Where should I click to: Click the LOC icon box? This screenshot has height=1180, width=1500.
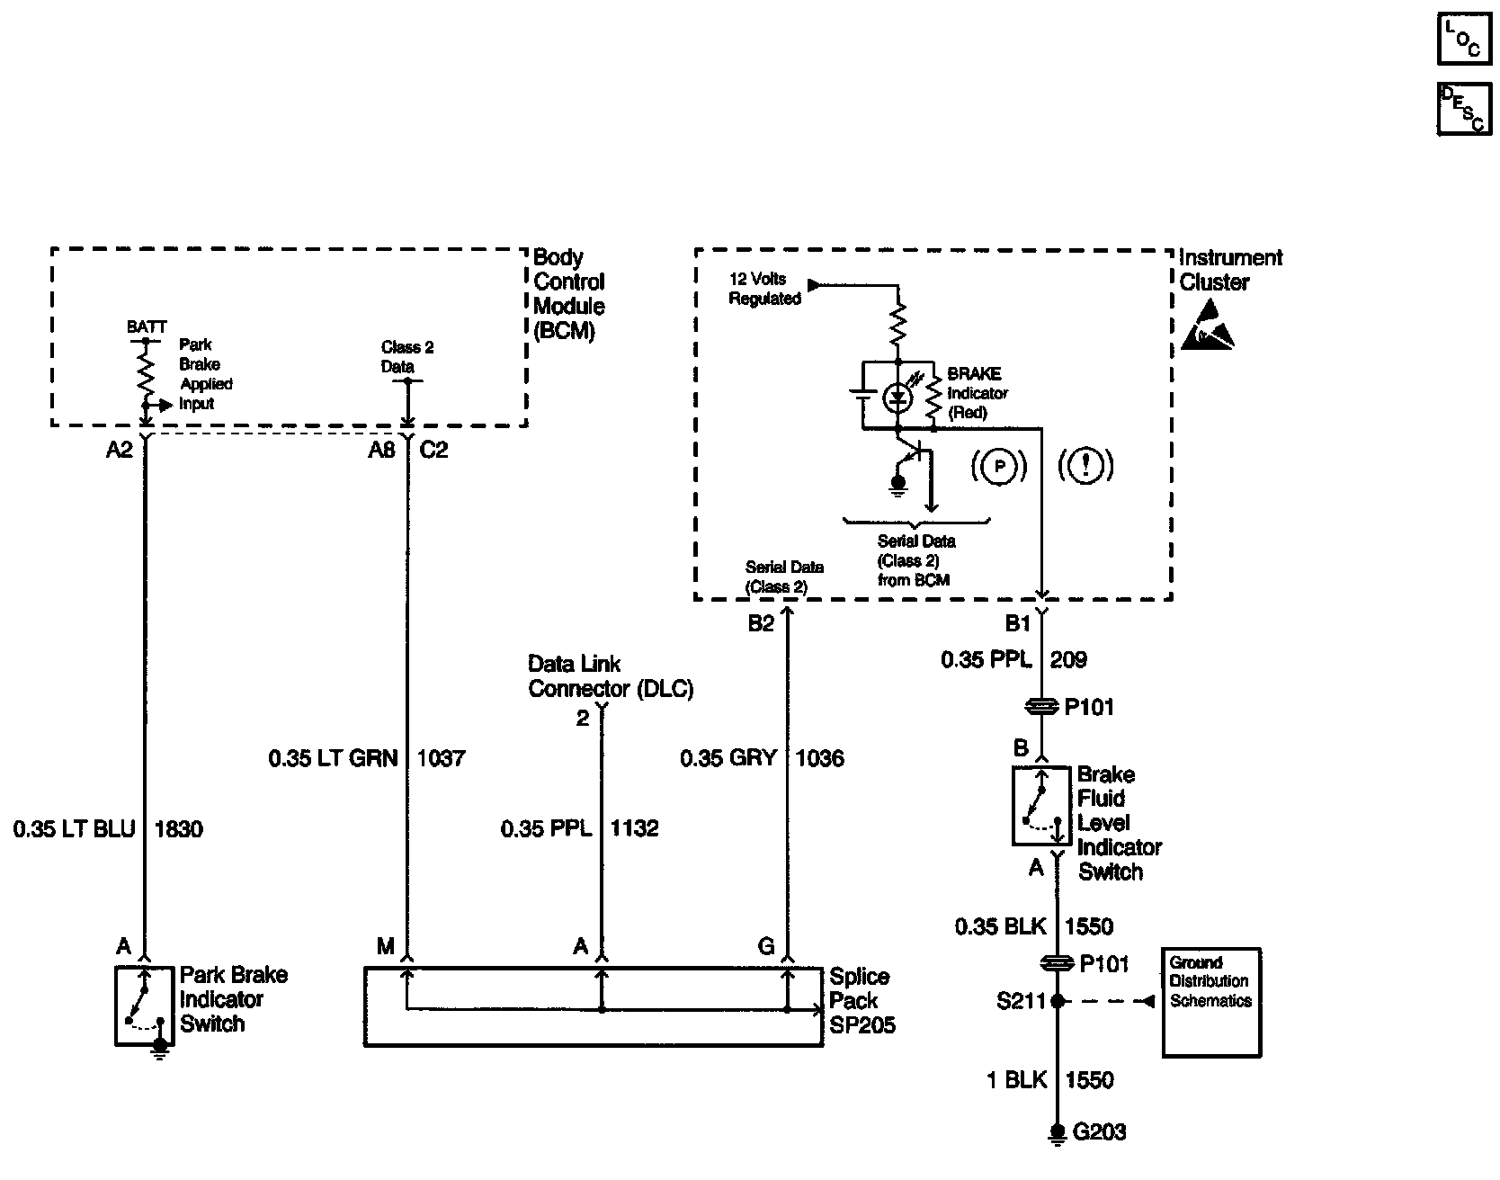tap(1462, 39)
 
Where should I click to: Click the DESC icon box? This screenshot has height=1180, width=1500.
tap(1462, 110)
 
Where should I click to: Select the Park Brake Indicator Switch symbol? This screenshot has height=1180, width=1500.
tap(144, 1006)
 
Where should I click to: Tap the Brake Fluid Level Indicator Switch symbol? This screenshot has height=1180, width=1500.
tap(1041, 806)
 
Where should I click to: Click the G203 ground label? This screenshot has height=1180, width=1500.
tap(1100, 1132)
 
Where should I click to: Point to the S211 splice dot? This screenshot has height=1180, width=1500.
tap(1058, 1001)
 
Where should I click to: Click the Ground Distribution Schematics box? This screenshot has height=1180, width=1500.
tap(1211, 1002)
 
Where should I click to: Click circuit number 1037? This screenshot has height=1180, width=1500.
tap(441, 758)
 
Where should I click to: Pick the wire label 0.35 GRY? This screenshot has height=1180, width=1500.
tap(728, 758)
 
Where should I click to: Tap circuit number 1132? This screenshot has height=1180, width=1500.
tap(635, 828)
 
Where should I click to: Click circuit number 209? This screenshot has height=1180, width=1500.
tap(1068, 660)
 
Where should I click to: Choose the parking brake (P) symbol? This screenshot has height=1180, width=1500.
tap(999, 466)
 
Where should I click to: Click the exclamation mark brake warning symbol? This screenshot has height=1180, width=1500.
tap(1086, 465)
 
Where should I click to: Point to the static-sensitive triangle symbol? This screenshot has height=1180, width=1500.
tap(1207, 326)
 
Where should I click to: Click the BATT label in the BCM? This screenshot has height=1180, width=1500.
tap(146, 327)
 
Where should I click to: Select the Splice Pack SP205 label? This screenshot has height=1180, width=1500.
tap(861, 1001)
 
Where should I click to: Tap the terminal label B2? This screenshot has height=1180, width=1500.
tap(761, 624)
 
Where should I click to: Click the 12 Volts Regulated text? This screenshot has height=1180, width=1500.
tap(764, 289)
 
